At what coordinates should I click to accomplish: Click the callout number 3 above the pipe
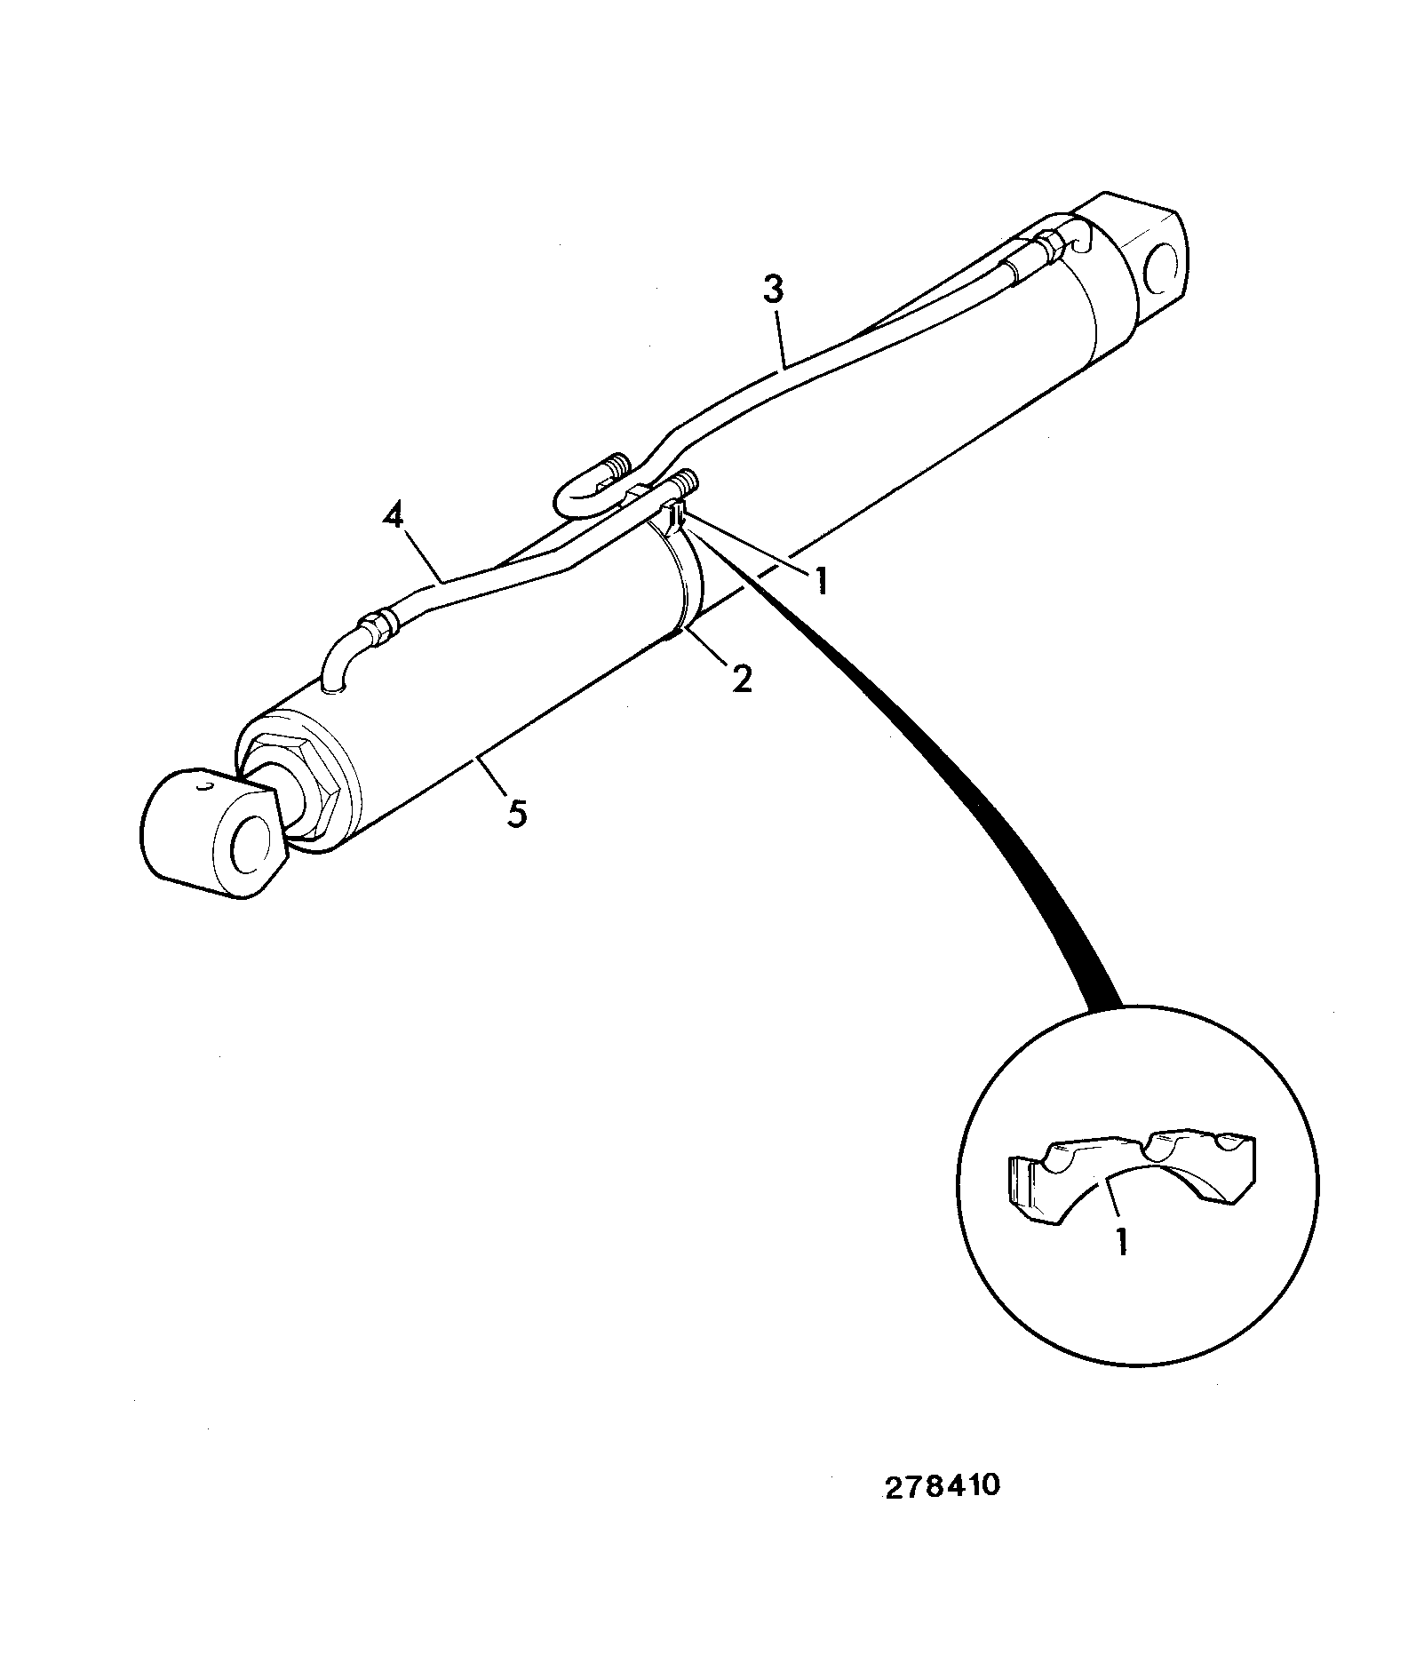[773, 291]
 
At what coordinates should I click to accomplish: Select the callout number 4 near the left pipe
[394, 517]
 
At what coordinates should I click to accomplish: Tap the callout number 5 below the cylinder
[516, 813]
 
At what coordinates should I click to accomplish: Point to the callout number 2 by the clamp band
[741, 679]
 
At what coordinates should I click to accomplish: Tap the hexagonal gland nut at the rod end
[300, 780]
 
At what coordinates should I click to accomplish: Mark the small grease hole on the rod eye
[205, 786]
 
